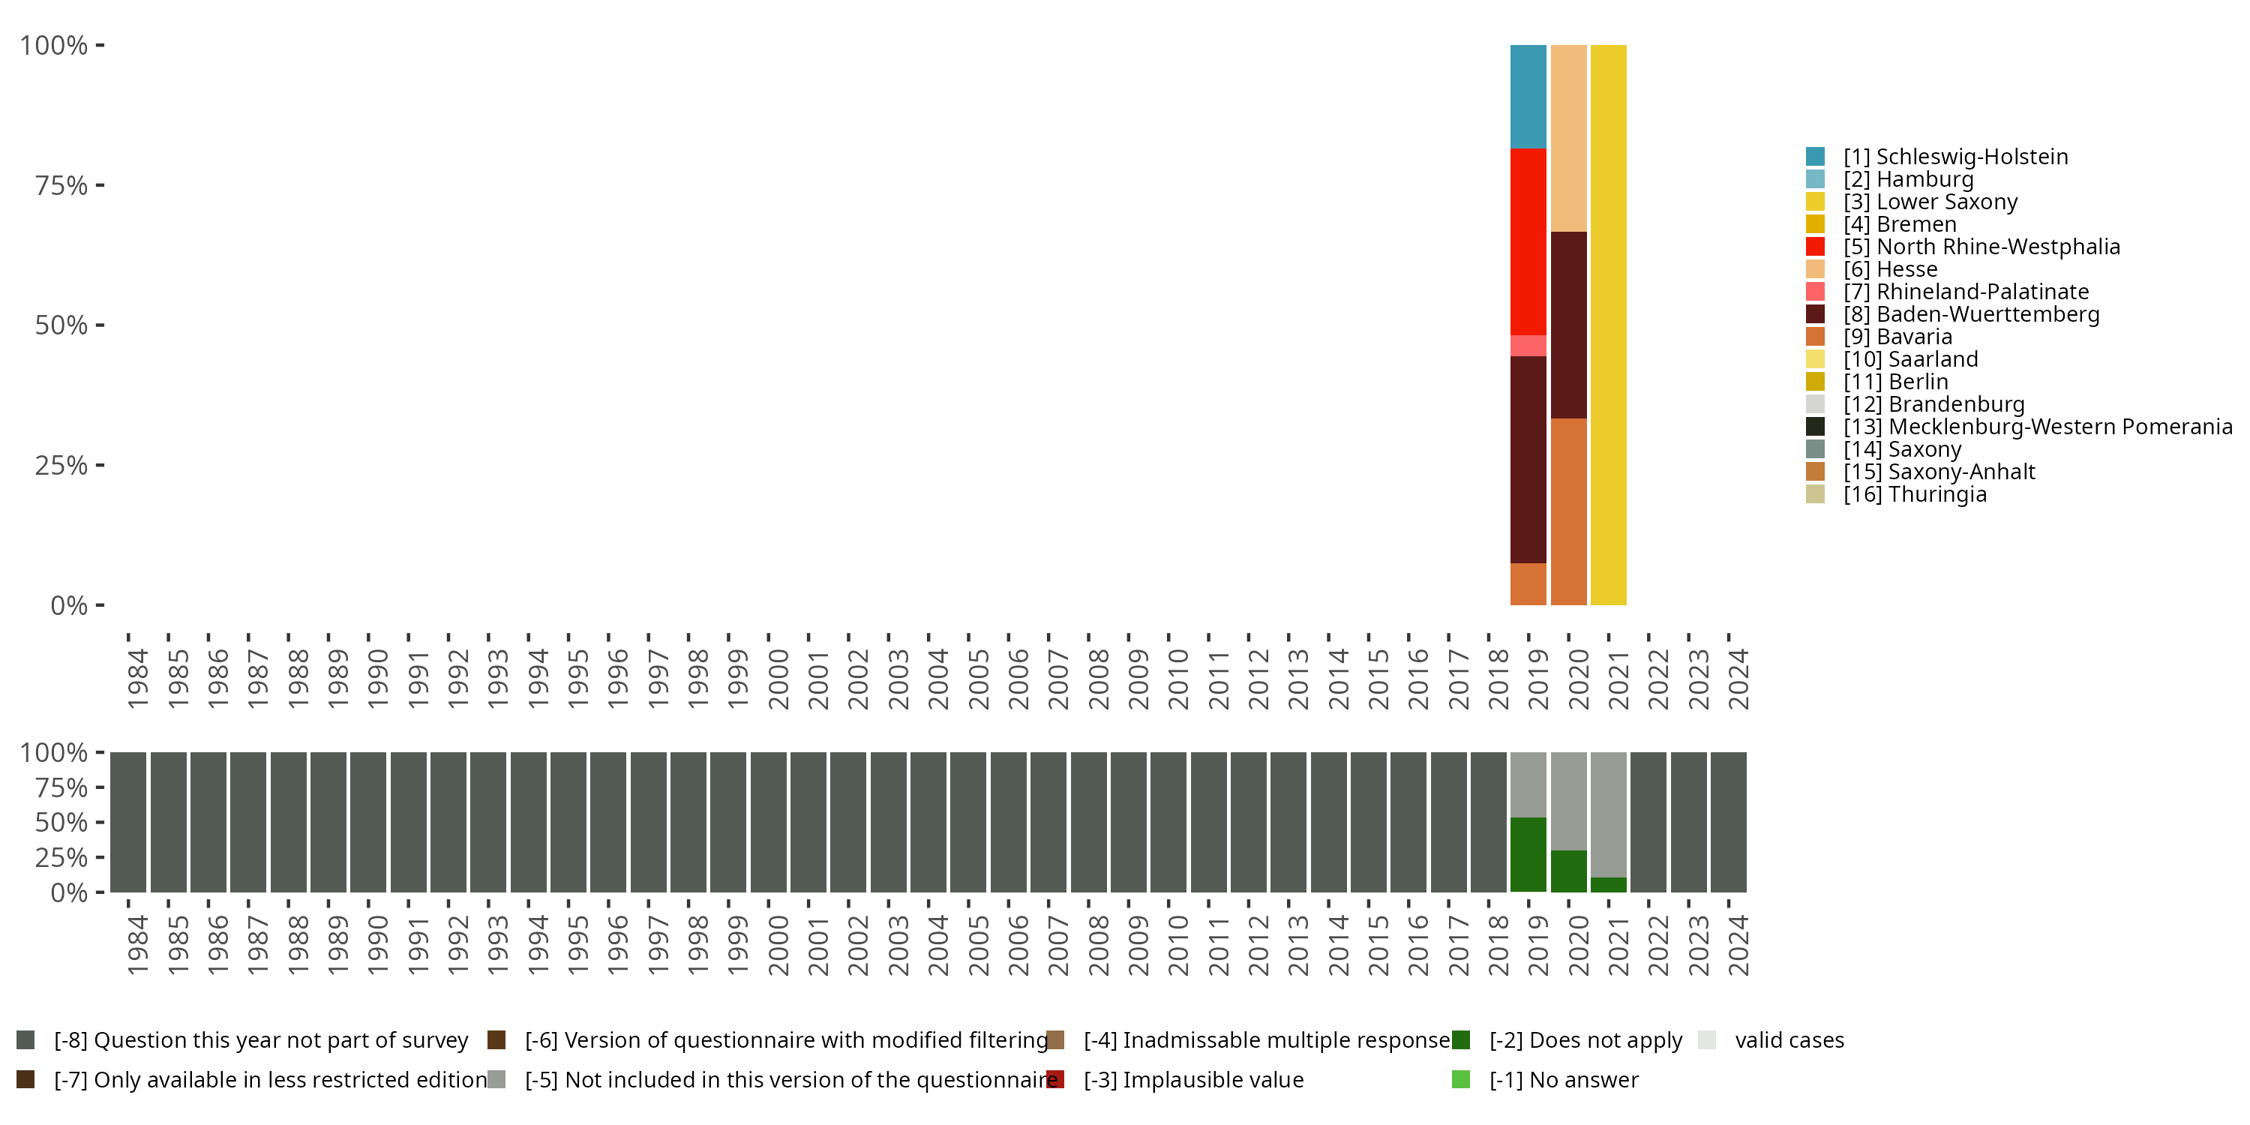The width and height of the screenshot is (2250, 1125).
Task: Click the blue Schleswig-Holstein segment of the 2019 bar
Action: [x=1528, y=96]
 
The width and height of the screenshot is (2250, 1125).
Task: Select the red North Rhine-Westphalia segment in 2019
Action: [x=1528, y=241]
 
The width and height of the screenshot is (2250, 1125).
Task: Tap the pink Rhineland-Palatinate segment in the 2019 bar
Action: [x=1528, y=346]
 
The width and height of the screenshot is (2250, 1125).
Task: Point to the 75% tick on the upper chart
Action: [x=61, y=185]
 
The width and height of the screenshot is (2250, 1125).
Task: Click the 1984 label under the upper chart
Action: [x=137, y=679]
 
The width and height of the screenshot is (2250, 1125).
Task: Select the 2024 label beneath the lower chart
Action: [x=1738, y=945]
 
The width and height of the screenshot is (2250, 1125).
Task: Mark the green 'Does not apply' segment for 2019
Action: [x=1528, y=854]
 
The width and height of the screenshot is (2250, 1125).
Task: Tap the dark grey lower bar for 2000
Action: [x=769, y=822]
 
